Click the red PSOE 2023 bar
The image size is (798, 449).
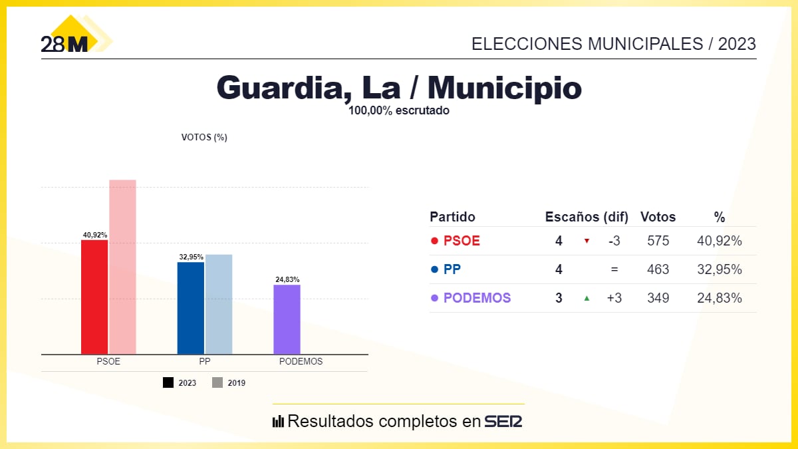[x=94, y=297]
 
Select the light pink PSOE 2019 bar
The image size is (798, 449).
[x=122, y=267]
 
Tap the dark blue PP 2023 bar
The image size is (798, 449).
[x=190, y=308]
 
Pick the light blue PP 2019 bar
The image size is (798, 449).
[x=219, y=304]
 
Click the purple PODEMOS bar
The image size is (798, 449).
[x=287, y=319]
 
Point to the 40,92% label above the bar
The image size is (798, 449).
[x=94, y=235]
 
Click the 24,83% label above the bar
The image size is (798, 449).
[x=287, y=279]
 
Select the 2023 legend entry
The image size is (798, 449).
[x=180, y=383]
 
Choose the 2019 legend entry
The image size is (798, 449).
[x=229, y=383]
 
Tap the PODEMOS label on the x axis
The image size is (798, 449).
[x=301, y=362]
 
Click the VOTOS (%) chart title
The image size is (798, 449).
[x=204, y=138]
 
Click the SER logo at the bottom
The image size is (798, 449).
[x=503, y=421]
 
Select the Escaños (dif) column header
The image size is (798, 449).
[x=582, y=217]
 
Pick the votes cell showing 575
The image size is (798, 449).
[x=658, y=241]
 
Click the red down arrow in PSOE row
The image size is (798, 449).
[x=587, y=241]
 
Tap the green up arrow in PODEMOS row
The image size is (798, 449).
[x=587, y=298]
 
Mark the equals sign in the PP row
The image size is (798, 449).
[x=614, y=269]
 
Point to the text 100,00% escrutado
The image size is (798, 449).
[x=398, y=111]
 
